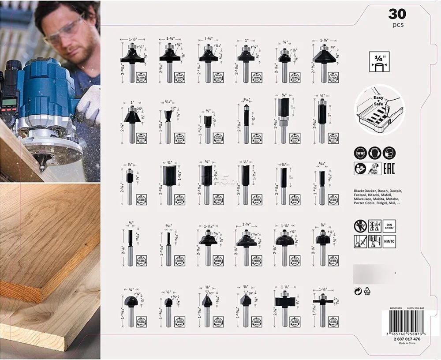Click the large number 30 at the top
(396, 14)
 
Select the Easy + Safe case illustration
(376, 111)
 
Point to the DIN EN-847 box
(389, 226)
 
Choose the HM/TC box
(389, 241)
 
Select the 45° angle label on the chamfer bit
(333, 47)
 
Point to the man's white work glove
(88, 103)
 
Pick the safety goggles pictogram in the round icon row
(360, 153)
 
